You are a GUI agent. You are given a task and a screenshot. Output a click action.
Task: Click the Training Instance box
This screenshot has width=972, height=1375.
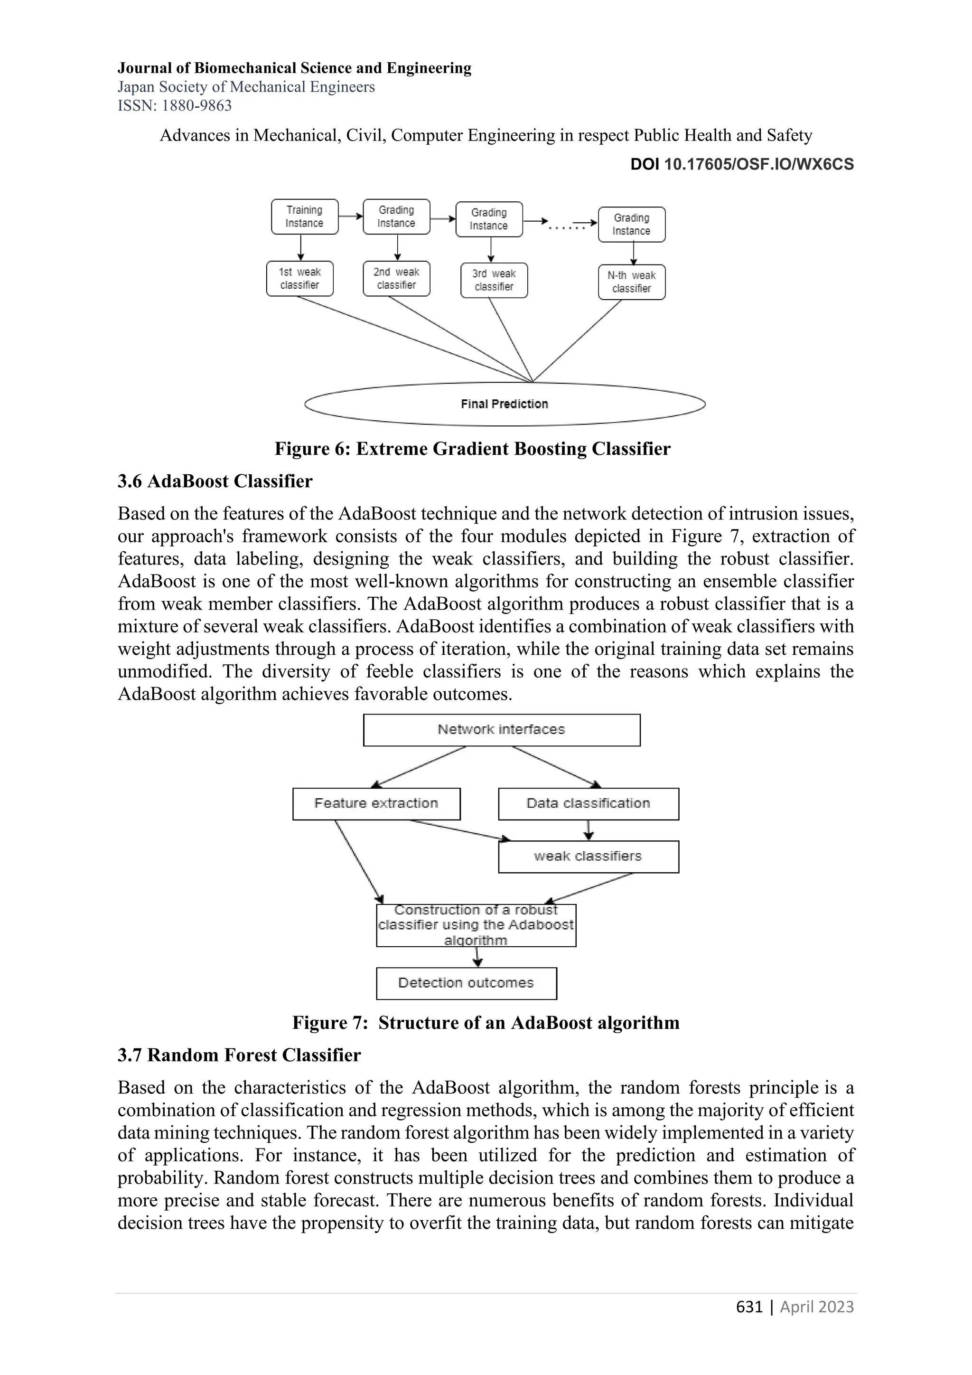[x=304, y=217]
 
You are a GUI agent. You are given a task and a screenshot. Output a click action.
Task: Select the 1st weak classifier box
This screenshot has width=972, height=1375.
[x=299, y=279]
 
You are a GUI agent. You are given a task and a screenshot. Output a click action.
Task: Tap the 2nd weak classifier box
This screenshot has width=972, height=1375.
[x=396, y=279]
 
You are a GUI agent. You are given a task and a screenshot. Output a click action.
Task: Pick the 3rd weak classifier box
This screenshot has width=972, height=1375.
[x=494, y=280]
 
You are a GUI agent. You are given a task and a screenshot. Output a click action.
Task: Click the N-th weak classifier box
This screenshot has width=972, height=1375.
[x=631, y=282]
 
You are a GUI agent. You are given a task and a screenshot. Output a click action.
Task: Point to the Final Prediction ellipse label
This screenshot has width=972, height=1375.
[x=504, y=404]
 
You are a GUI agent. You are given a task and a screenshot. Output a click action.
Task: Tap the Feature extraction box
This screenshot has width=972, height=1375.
[x=376, y=804]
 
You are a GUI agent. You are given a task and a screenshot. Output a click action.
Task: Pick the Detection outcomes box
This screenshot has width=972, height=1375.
[x=466, y=983]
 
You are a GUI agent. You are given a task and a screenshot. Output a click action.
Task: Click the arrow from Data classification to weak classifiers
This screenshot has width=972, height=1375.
[x=589, y=830]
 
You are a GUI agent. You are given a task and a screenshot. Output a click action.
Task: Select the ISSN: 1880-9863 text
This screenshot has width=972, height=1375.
[x=174, y=106]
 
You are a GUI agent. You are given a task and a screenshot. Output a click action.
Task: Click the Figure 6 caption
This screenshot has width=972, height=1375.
[x=472, y=449]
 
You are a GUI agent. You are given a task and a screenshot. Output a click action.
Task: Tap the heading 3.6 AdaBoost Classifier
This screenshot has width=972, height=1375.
[x=215, y=481]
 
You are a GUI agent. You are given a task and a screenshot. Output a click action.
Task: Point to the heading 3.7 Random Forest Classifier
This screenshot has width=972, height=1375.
[x=239, y=1055]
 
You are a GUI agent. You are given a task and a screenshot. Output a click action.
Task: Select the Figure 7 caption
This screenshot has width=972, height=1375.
[x=486, y=1023]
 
